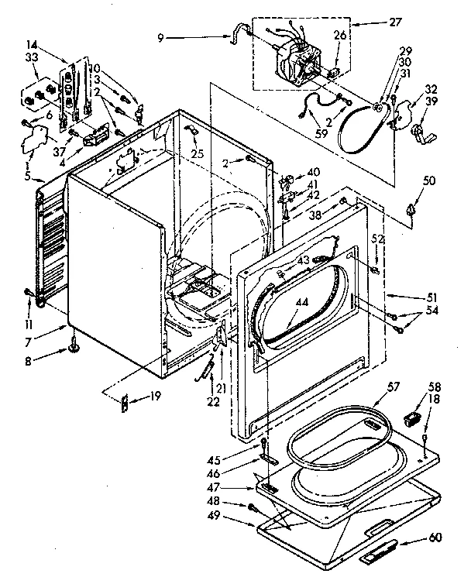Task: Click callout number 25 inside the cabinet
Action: [x=198, y=154]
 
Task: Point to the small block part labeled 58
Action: [x=412, y=420]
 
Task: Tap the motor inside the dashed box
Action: [x=298, y=60]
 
